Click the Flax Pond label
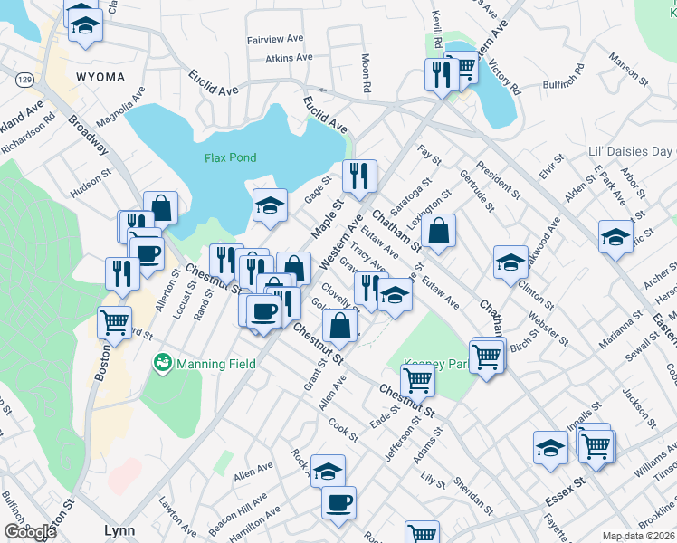click(x=230, y=157)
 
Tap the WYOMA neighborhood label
click(x=100, y=77)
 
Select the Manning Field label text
click(x=215, y=365)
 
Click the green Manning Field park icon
click(x=163, y=364)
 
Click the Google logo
click(x=29, y=531)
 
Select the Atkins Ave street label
click(x=289, y=58)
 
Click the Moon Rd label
click(x=367, y=77)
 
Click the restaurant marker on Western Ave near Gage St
click(x=359, y=176)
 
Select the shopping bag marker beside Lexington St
click(x=438, y=230)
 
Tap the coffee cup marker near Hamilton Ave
click(x=338, y=502)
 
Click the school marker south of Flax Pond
click(x=270, y=205)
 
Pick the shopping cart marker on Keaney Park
click(x=417, y=379)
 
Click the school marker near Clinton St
click(x=510, y=261)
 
